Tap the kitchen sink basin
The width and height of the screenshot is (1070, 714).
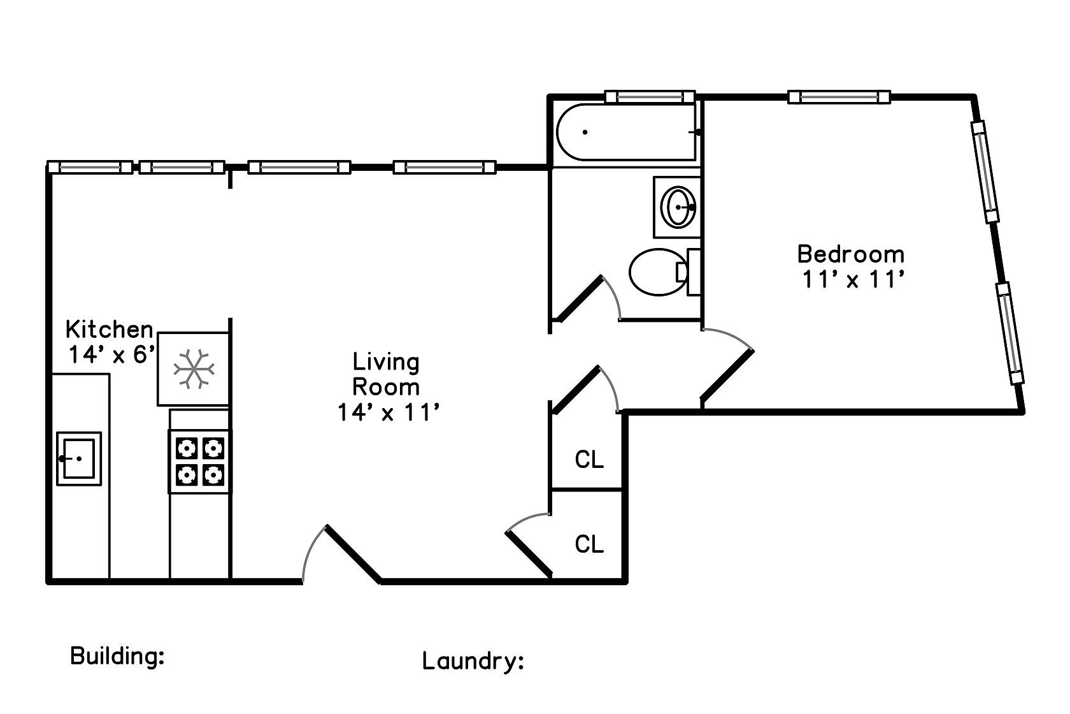point(79,458)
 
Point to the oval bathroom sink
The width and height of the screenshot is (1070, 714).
point(678,207)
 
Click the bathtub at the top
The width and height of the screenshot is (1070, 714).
point(624,132)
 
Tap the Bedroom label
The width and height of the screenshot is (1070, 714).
point(850,254)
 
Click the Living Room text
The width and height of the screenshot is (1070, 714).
point(386,374)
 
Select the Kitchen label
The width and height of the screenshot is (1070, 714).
point(110,330)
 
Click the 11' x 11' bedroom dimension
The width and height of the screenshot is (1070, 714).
point(853,280)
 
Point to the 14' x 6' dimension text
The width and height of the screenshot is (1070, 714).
point(112,355)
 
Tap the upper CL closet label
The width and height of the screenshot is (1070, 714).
point(589,460)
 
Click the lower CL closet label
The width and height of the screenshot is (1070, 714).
point(589,544)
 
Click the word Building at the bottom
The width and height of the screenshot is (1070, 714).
point(117,656)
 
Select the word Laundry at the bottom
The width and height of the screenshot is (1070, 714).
point(473,661)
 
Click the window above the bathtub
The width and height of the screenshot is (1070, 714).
point(650,97)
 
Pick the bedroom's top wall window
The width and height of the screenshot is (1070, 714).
point(838,97)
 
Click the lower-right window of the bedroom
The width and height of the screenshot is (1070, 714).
point(1010,333)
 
